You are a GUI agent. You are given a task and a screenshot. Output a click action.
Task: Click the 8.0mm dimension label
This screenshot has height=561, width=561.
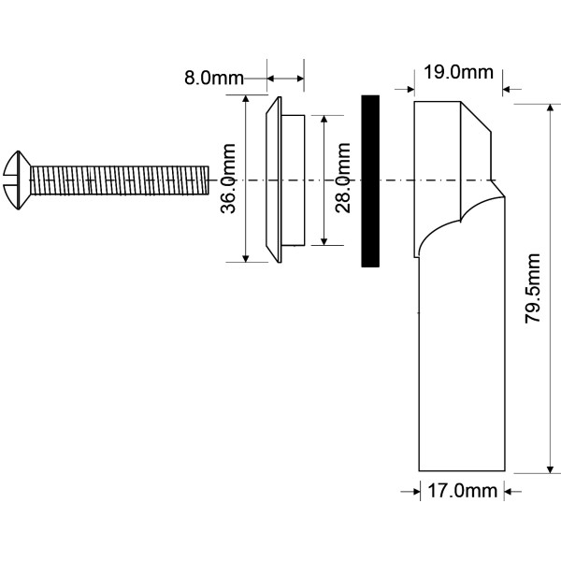[213, 78]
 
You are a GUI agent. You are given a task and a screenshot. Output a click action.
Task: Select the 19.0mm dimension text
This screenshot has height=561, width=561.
[458, 72]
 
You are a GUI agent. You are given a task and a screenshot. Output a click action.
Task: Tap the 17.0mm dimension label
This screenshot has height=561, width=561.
[462, 491]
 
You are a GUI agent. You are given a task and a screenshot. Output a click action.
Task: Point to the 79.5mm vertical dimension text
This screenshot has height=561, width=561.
[532, 288]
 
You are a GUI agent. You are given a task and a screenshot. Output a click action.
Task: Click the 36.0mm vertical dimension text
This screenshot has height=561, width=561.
[228, 179]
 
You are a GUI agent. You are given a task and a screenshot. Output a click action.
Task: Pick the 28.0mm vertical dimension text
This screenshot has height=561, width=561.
[343, 178]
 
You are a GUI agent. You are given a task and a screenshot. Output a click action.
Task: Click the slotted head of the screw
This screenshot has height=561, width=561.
[17, 180]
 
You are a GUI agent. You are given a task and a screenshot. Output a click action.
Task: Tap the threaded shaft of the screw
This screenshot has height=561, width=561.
[120, 180]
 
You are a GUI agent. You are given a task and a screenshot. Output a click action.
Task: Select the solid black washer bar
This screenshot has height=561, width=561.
[370, 181]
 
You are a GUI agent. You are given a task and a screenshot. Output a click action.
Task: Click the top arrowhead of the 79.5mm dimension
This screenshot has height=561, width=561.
[551, 108]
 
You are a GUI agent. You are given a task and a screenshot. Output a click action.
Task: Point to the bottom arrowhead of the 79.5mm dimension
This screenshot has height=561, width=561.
[551, 468]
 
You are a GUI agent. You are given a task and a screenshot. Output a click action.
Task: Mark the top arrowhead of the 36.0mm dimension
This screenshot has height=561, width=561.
[245, 99]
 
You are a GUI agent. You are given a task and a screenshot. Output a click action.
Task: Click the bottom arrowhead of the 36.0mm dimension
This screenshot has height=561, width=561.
[245, 258]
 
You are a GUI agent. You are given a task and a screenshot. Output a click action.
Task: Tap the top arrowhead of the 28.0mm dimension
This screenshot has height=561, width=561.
[324, 120]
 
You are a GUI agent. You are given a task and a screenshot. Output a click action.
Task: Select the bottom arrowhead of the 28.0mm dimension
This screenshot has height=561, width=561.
[324, 241]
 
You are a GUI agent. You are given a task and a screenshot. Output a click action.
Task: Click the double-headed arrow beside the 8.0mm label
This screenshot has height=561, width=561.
[285, 79]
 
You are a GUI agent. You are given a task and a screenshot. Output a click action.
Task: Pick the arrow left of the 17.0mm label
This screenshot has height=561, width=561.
[410, 492]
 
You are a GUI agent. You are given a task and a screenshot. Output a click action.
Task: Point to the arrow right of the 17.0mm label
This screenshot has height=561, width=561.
[512, 492]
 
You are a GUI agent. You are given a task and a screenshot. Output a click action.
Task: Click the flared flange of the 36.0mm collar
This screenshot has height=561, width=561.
[274, 180]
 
